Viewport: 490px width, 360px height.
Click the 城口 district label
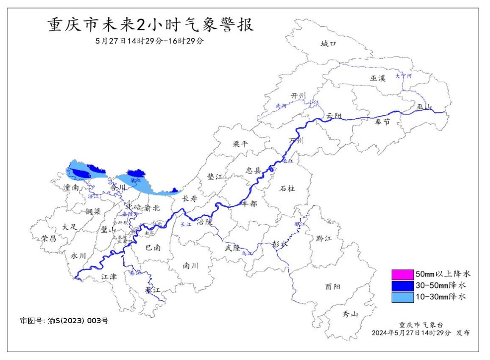[328, 44]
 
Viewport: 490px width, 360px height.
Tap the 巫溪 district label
[378, 78]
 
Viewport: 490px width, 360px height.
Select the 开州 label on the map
[298, 96]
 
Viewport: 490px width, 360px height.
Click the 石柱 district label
[287, 188]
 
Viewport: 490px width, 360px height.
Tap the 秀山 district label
[351, 314]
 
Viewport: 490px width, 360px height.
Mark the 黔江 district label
[324, 239]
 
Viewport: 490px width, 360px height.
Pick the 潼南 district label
[72, 187]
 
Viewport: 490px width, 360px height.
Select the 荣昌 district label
[49, 238]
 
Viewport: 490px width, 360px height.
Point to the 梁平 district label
[241, 144]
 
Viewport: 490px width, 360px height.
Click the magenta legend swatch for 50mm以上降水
[402, 274]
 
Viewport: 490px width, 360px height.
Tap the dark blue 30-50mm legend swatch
[402, 285]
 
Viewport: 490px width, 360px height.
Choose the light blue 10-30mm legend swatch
[402, 297]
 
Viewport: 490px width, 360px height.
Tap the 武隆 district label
[232, 247]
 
